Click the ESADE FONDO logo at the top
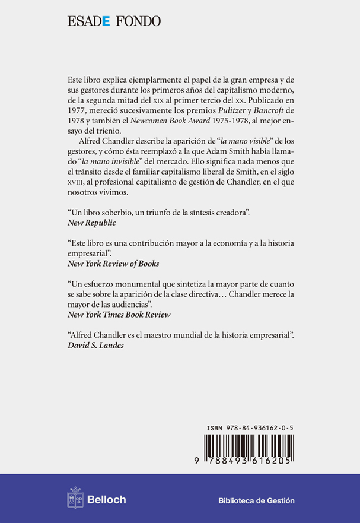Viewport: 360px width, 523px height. coord(114,22)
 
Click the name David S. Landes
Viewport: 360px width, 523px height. coord(95,347)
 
